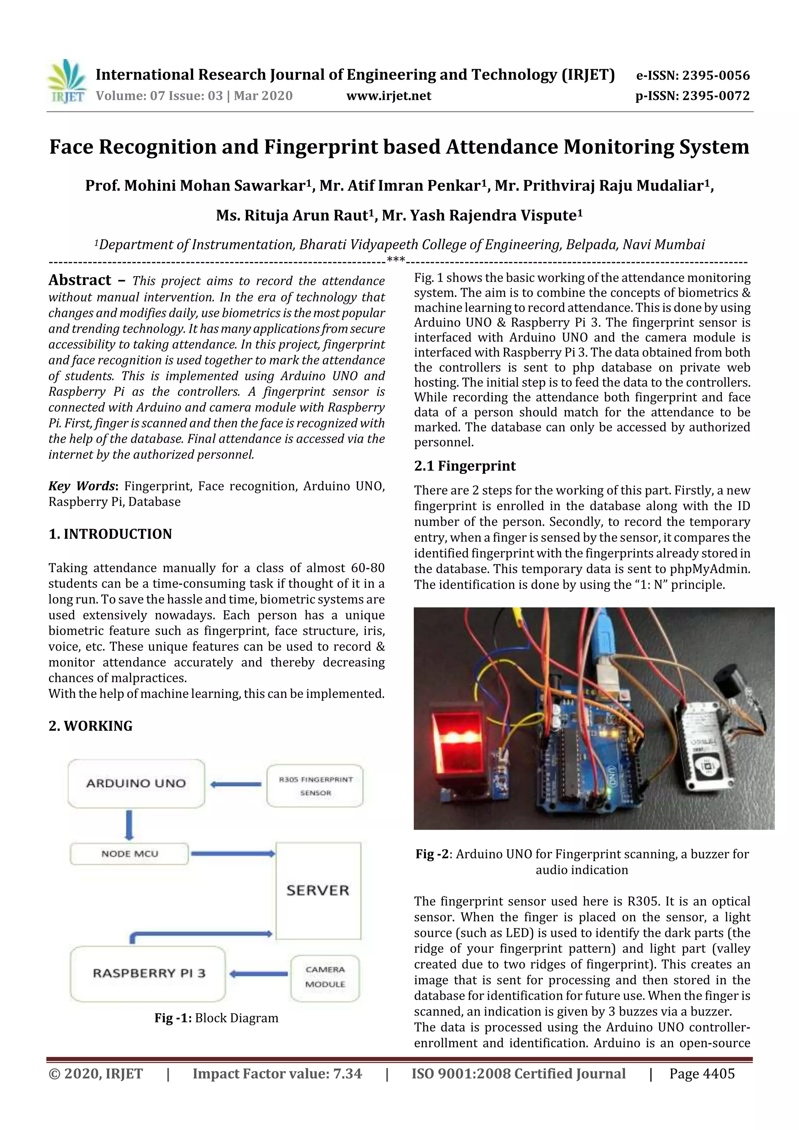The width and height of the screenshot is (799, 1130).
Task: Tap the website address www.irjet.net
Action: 389,96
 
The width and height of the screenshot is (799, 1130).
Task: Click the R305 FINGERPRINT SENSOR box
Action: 315,786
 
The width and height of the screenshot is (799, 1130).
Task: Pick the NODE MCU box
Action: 129,854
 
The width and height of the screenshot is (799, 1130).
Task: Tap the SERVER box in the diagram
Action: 318,891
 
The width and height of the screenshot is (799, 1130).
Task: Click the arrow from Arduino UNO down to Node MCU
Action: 129,825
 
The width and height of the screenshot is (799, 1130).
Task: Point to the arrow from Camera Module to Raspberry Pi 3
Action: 258,974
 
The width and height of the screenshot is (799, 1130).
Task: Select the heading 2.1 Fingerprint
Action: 465,466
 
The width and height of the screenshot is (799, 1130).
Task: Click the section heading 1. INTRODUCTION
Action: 110,534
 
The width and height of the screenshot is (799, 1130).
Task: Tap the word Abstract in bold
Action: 80,280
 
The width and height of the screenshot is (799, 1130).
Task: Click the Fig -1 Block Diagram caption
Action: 216,1018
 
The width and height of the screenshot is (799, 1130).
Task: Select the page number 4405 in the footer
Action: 719,1073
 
